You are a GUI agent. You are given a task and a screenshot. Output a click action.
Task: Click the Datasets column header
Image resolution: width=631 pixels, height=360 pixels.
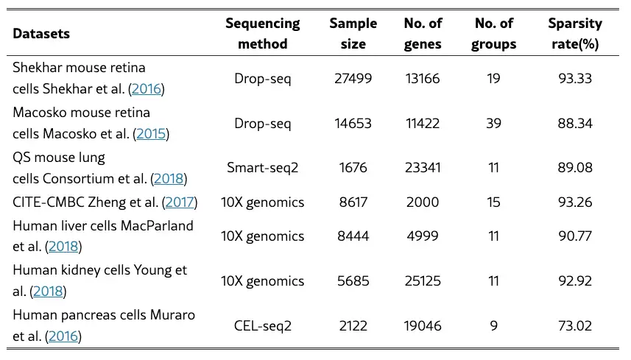pos(41,33)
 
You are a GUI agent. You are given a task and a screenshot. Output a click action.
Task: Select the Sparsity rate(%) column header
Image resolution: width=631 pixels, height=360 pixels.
pos(575,33)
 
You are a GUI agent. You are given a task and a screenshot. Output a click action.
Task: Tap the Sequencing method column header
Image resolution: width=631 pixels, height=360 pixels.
pos(263,33)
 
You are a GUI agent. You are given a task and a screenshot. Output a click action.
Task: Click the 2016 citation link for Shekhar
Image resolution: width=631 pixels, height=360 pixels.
pos(147,88)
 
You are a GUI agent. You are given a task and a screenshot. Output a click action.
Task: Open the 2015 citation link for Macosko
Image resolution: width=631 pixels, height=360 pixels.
pos(151,133)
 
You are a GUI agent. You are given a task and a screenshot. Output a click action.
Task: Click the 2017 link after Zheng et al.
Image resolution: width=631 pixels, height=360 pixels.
pos(180,202)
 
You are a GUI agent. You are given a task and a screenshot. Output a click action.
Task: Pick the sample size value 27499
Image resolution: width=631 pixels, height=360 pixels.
pos(353,78)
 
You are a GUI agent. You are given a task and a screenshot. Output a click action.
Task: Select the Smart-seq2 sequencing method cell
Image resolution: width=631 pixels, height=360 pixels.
pos(263,167)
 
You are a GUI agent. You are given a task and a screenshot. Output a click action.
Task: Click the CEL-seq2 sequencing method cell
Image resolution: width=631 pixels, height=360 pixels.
pos(263,325)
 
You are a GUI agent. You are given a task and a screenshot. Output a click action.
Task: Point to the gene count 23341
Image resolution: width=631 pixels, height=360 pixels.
pos(423,167)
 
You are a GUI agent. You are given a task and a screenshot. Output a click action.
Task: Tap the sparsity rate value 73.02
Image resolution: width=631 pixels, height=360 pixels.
pos(575,325)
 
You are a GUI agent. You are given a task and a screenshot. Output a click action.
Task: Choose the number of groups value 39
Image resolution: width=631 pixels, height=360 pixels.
pos(494,123)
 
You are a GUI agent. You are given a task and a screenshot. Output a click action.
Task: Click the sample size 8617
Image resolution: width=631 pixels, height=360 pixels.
pos(353,202)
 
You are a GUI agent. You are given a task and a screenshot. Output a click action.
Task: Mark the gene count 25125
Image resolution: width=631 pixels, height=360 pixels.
pos(423,280)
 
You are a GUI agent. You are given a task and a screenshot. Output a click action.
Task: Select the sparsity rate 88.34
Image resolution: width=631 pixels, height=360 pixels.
pos(575,123)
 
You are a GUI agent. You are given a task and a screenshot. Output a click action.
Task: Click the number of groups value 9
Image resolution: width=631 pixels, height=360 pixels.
pos(494,325)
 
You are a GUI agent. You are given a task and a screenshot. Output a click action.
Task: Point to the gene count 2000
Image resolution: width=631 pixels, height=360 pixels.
pos(423,202)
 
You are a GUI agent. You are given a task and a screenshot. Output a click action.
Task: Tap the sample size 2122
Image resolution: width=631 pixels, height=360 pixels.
pos(353,325)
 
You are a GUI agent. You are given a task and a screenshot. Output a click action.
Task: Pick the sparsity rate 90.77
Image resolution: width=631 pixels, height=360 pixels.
pos(575,236)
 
